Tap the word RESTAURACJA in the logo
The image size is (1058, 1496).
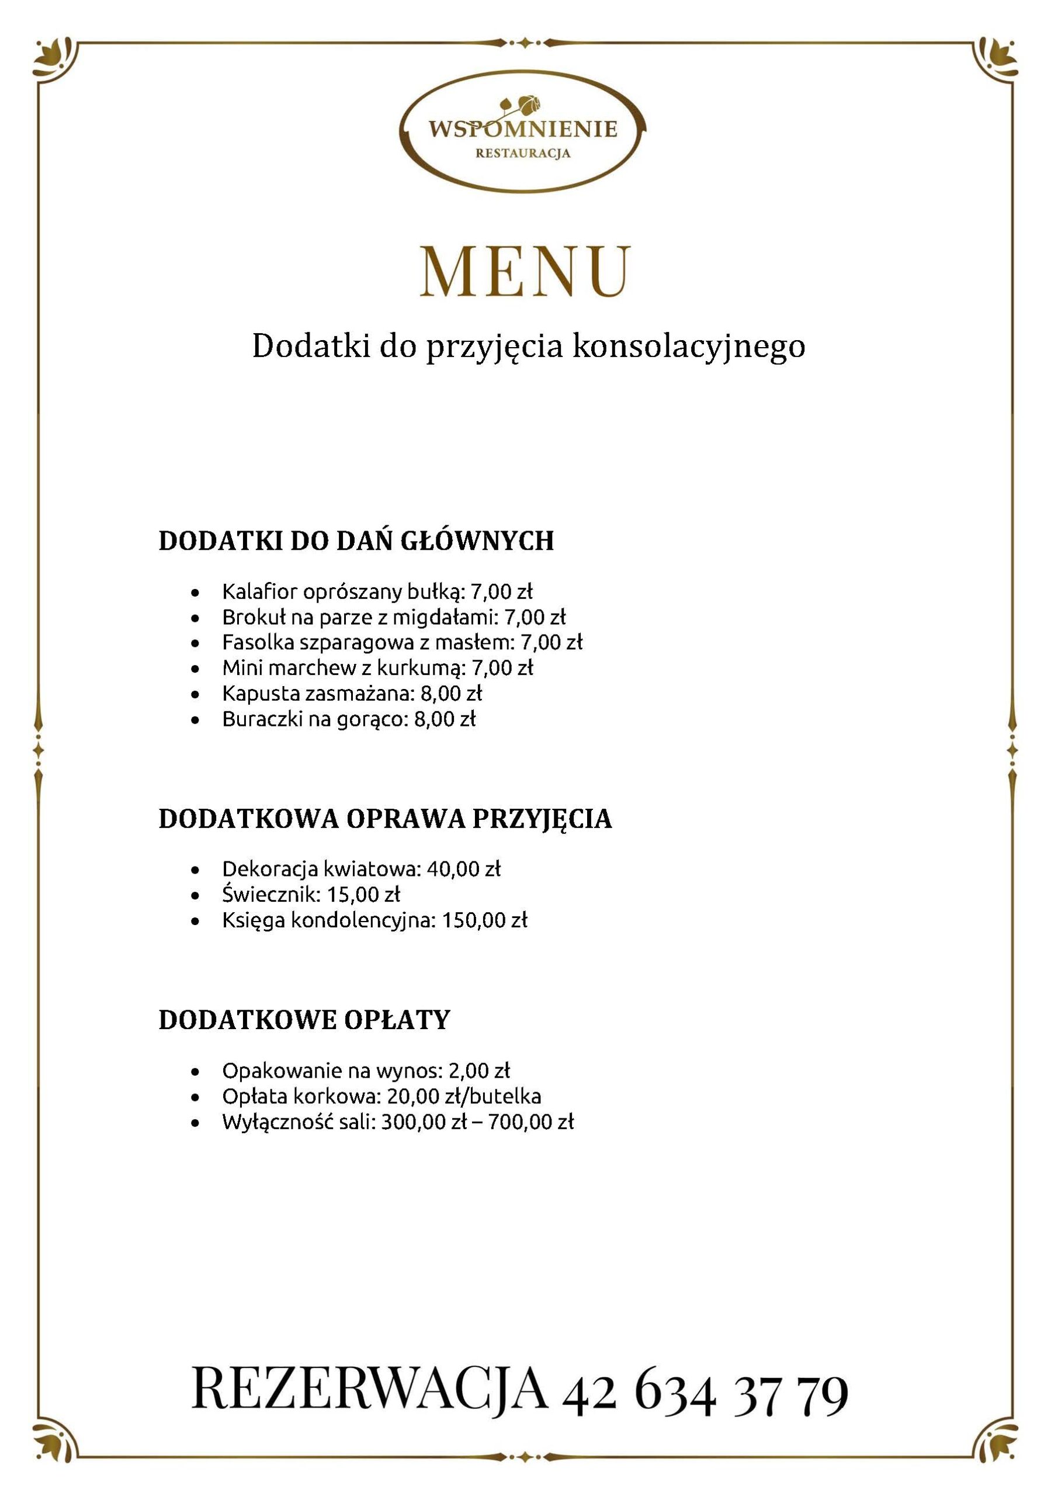click(522, 153)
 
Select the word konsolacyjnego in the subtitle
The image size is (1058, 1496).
click(689, 347)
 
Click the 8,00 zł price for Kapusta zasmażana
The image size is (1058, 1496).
click(452, 693)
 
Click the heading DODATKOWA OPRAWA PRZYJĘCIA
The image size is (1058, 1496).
click(385, 819)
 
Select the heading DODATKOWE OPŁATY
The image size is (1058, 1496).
click(304, 1020)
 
